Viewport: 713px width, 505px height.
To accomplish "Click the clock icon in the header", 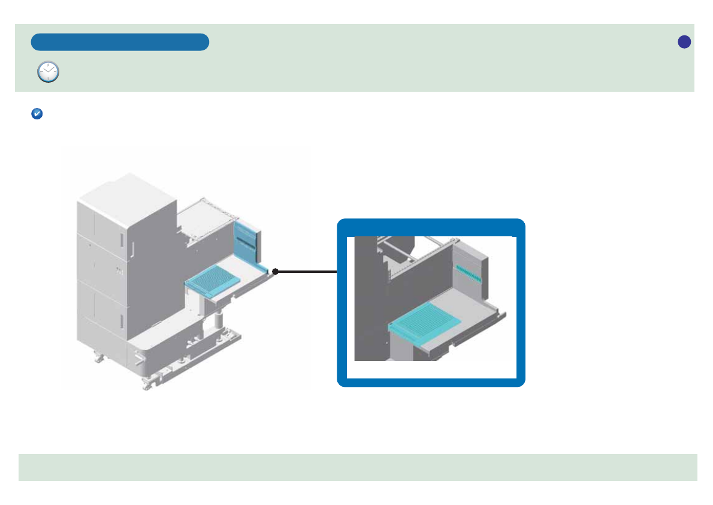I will (x=48, y=71).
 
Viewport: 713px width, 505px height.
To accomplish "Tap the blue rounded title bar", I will (x=120, y=42).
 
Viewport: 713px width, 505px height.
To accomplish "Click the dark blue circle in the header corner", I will (x=684, y=41).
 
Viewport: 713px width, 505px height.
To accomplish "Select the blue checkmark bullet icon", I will (x=36, y=113).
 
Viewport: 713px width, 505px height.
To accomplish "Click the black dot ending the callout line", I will (x=275, y=272).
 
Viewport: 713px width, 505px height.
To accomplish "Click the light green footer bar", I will (x=358, y=467).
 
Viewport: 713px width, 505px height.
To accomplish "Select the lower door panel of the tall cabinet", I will (x=105, y=306).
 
